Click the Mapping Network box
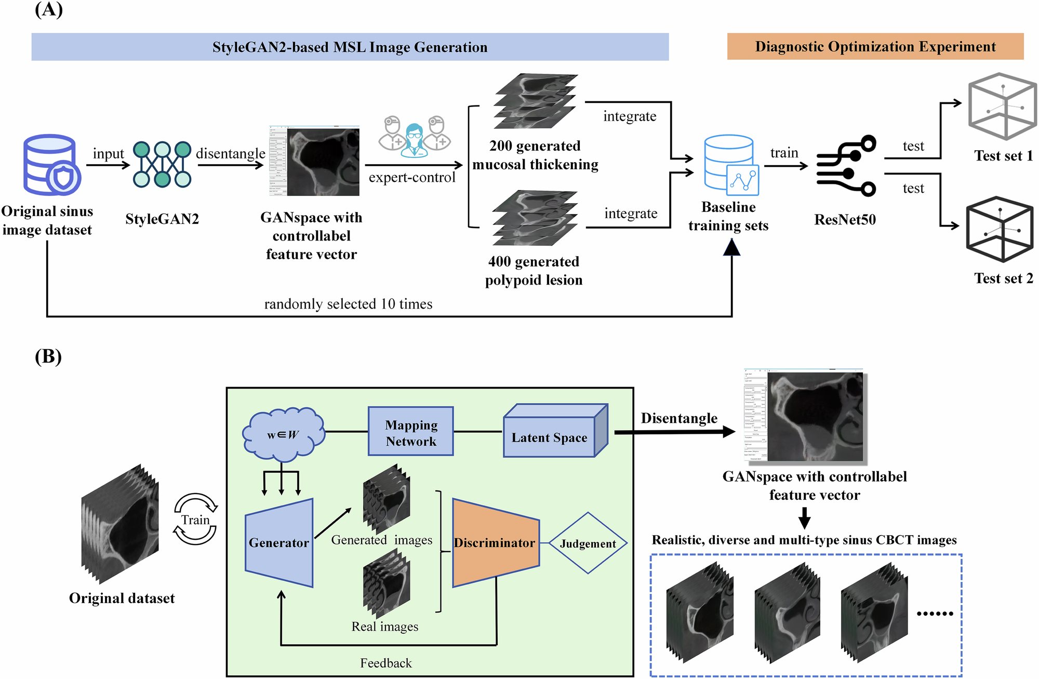pos(410,431)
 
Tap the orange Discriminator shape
pos(495,543)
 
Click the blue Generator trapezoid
pos(279,543)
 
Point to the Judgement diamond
pos(588,543)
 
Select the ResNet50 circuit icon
pos(845,166)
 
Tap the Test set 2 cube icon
pos(998,229)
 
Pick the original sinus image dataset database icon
pos(50,164)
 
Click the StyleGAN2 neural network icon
pos(162,164)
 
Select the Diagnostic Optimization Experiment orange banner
pos(875,47)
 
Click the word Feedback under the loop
pos(385,663)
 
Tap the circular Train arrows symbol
pos(195,519)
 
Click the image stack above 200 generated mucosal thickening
pos(535,101)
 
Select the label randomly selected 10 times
pos(348,304)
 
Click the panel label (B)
pos(48,357)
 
